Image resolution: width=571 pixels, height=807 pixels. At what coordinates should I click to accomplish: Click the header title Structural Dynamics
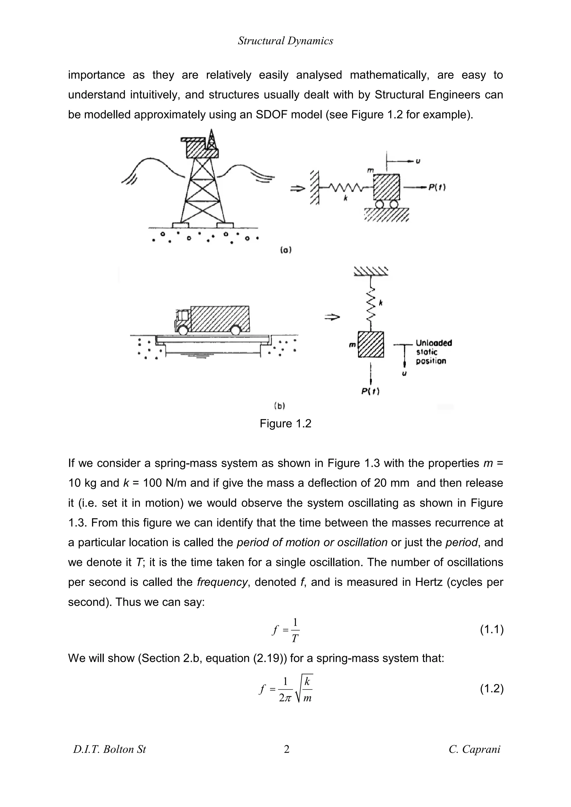pos(285,41)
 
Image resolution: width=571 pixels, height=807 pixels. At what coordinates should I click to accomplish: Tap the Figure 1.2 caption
pos(285,424)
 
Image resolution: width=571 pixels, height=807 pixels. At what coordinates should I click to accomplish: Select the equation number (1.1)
pos(492,630)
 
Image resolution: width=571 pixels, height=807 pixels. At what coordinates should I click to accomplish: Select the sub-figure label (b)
pos(279,406)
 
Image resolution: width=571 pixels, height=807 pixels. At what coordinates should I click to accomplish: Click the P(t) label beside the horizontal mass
pos(437,187)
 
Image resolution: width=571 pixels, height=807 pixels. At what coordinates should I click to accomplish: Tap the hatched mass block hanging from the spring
pos(371,344)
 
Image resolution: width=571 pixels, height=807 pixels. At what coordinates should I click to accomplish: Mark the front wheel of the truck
pos(183,330)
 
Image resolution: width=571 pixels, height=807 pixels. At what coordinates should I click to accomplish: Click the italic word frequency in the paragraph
pos(222,582)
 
